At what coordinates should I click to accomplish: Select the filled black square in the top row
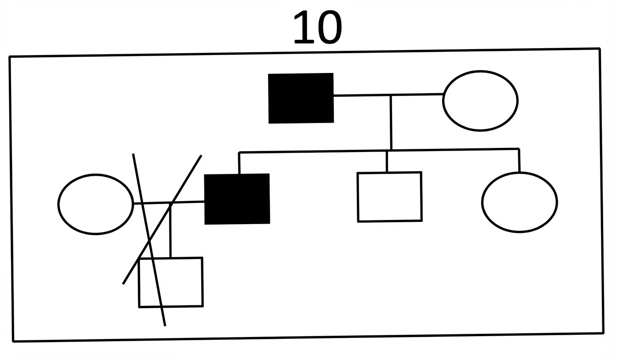(x=301, y=98)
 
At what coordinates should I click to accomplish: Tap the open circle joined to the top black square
(x=480, y=101)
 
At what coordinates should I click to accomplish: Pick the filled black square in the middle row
(x=237, y=199)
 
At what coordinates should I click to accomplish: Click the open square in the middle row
(x=389, y=197)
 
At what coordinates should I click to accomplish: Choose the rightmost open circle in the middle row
(x=520, y=202)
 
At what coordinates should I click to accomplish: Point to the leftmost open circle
(x=95, y=204)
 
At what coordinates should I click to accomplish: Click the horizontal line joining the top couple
(x=363, y=96)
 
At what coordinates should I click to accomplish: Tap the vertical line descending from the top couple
(x=391, y=122)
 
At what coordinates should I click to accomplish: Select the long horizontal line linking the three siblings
(x=321, y=151)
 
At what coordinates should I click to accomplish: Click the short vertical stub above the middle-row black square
(x=239, y=163)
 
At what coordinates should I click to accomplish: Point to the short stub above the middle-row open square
(x=387, y=162)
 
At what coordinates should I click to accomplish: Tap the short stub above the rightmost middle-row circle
(x=519, y=161)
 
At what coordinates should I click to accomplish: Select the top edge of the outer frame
(x=303, y=52)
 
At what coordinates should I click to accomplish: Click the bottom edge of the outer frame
(x=308, y=337)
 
